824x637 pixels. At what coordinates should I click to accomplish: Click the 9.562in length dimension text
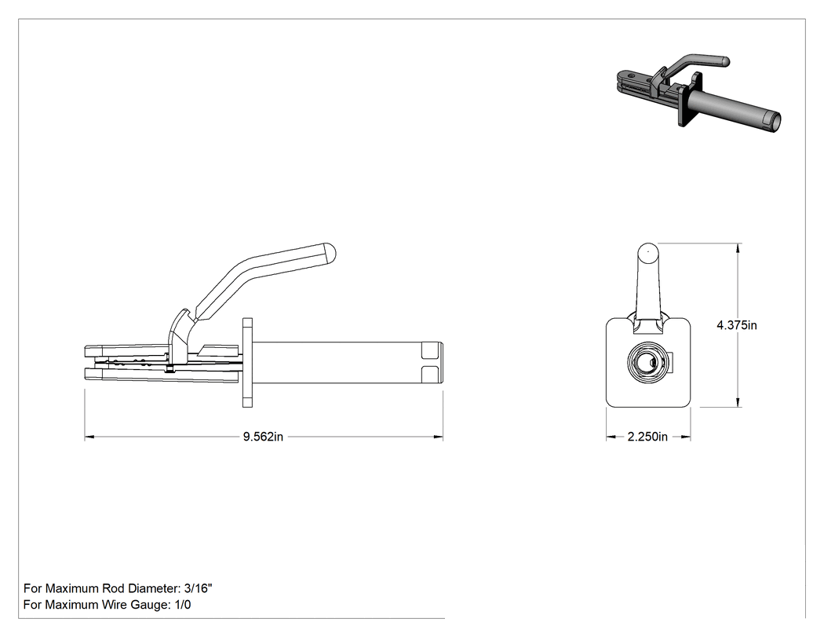coord(263,437)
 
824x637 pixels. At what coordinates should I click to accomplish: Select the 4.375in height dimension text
coord(737,325)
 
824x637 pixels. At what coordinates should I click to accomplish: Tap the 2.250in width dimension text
coord(647,437)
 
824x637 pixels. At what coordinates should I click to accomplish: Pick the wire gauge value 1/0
coord(181,604)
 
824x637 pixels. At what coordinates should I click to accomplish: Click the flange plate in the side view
coord(247,362)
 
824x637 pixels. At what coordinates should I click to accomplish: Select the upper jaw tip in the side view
coord(88,352)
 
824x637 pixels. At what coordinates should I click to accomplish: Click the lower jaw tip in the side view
coord(88,374)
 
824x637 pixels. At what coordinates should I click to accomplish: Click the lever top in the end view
coord(648,251)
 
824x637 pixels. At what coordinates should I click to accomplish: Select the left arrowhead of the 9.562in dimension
coord(89,437)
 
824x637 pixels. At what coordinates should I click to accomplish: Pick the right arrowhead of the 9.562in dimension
coord(438,437)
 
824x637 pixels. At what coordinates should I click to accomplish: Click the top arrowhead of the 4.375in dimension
coord(739,248)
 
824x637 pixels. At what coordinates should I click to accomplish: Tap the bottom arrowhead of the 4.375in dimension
coord(739,401)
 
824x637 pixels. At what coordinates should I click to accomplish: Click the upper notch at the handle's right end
coord(432,350)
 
